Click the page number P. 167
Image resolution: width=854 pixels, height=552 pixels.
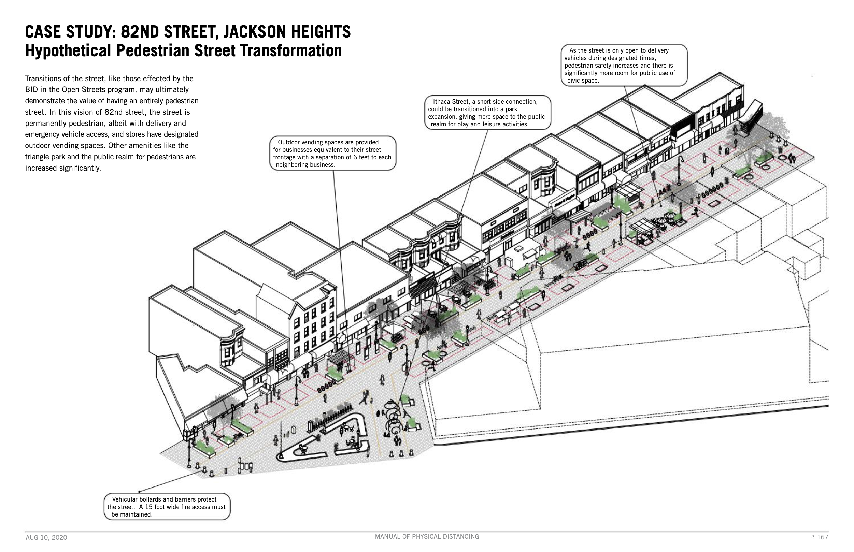coord(819,537)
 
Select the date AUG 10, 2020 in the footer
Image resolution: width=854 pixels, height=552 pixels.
coord(46,538)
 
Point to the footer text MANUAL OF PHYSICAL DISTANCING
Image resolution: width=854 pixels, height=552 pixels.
coord(427,537)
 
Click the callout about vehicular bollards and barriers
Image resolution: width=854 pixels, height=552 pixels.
coord(167,507)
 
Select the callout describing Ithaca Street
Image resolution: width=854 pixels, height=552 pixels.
coord(487,113)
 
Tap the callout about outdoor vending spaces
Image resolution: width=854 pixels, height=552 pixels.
coord(332,154)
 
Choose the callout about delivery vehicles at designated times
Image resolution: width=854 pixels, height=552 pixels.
coord(624,66)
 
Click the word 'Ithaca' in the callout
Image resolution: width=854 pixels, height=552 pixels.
coord(442,102)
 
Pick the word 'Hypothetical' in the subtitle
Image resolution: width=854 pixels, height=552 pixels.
coord(68,50)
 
